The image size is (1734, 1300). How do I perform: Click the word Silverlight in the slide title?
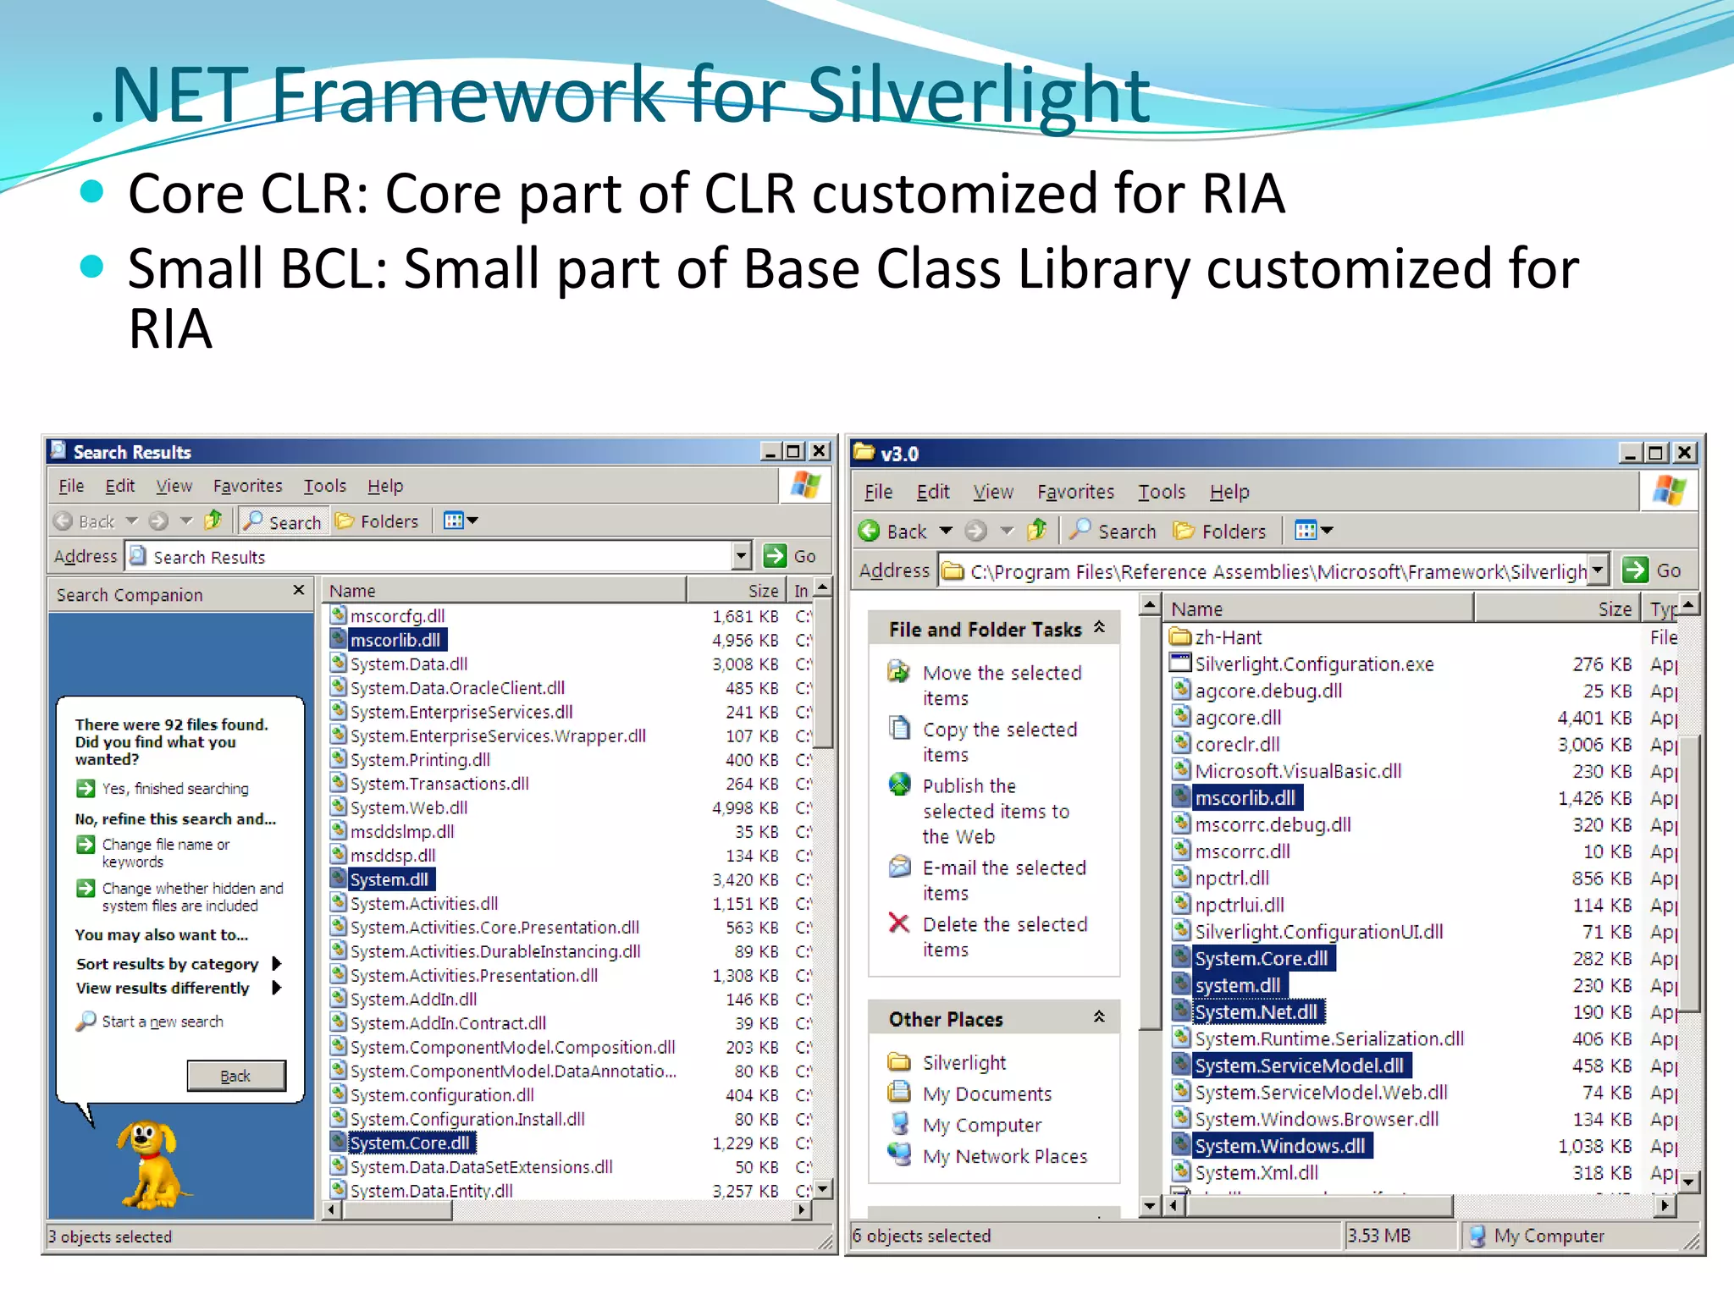pos(978,95)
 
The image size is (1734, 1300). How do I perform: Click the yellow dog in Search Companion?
pos(151,1164)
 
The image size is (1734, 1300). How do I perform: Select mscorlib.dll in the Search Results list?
pos(395,640)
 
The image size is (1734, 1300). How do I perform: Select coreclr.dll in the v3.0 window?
pos(1236,745)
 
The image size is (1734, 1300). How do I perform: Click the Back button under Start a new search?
pos(235,1076)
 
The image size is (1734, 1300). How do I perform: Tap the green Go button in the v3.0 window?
pos(1636,570)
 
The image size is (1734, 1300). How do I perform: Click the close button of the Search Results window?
pos(820,451)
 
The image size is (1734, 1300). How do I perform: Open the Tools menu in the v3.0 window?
pos(1161,492)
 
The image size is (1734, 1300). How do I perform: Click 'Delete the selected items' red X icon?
pos(899,923)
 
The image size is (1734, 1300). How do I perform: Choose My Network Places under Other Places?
pos(1004,1156)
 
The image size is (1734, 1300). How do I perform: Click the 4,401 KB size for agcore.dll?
pos(1593,718)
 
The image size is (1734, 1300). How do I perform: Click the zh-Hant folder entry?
pos(1228,637)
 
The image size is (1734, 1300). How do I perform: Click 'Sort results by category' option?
pos(167,964)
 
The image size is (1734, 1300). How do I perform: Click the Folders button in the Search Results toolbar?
pos(378,521)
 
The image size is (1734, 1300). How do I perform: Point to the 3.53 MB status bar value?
pos(1379,1236)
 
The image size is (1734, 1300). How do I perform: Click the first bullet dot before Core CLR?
pos(91,192)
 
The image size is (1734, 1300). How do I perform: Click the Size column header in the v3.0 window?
pos(1614,609)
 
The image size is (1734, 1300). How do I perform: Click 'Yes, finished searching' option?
pos(174,789)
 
